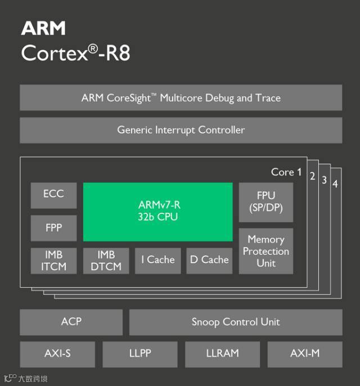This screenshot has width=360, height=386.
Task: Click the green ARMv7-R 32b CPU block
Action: [157, 212]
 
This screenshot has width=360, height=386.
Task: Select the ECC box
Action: [53, 195]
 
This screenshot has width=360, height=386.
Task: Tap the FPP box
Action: [53, 228]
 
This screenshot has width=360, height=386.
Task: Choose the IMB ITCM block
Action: [53, 261]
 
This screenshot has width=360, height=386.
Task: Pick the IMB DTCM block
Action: [106, 261]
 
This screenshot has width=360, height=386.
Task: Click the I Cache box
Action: [157, 261]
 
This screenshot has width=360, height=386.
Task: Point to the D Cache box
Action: [209, 261]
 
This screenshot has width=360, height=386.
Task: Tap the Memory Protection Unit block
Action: [265, 251]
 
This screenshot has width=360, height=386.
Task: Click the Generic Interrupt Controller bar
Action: [181, 130]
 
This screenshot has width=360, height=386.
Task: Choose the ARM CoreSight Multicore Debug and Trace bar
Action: [181, 98]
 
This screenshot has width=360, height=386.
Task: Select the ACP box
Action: [71, 322]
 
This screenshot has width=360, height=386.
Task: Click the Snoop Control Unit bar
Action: [235, 322]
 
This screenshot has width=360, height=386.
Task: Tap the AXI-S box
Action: [57, 354]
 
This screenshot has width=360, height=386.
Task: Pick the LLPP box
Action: [139, 354]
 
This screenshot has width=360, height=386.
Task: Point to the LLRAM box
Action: [222, 354]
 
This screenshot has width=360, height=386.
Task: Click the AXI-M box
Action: [304, 354]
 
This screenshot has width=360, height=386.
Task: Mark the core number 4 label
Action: [335, 184]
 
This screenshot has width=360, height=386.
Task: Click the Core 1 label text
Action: [286, 172]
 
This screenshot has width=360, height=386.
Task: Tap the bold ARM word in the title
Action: [43, 28]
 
